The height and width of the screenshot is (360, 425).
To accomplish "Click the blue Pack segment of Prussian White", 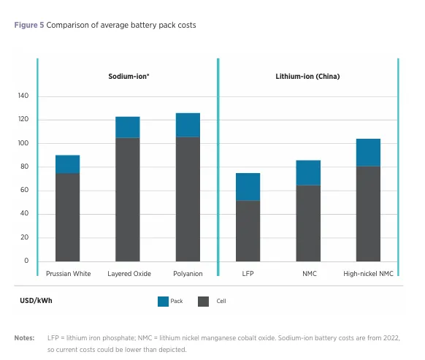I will tap(67, 164).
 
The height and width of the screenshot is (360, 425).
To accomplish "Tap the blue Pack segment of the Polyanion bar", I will tap(188, 125).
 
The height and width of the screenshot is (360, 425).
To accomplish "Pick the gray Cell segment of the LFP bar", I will tap(248, 231).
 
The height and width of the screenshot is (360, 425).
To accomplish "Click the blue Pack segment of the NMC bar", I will tap(307, 172).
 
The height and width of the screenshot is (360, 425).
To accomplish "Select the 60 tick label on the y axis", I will tap(24, 191).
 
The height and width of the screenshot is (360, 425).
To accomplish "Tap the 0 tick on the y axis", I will tap(26, 261).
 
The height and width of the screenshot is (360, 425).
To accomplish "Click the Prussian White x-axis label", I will tap(67, 274).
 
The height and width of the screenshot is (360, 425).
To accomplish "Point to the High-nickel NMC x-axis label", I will tap(368, 274).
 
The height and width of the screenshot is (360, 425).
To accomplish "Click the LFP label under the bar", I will tap(248, 274).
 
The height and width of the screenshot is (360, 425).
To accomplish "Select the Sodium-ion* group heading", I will tap(129, 76).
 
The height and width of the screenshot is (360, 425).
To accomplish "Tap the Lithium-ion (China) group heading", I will tap(307, 76).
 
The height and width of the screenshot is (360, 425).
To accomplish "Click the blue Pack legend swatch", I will tap(164, 301).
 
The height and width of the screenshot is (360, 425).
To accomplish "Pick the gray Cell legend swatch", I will tap(204, 301).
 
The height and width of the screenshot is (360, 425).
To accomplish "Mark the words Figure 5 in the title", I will tap(28, 26).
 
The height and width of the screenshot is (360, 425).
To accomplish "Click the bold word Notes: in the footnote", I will tap(24, 337).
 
